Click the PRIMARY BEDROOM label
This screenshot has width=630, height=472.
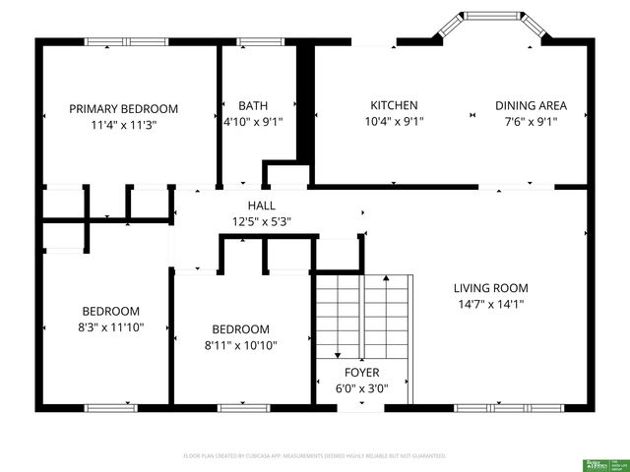[x=123, y=108]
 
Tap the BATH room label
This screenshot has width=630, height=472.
[x=253, y=105]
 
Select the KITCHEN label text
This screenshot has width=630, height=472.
[x=394, y=105]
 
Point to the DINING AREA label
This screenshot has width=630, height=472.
[x=531, y=105]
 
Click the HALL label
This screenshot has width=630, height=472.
[x=261, y=205]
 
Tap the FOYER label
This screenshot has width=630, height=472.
[x=360, y=373]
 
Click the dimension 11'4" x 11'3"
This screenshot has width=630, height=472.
[x=123, y=125]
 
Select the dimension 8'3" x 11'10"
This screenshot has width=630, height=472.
[x=110, y=327]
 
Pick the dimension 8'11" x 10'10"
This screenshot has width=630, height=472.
[x=240, y=345]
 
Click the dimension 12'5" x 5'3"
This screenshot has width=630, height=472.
[x=261, y=221]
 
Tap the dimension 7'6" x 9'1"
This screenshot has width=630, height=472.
[x=531, y=123]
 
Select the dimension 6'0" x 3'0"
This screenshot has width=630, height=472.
[x=360, y=388]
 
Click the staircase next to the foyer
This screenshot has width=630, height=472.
[x=362, y=315]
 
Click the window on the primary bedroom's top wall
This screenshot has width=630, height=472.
[x=126, y=41]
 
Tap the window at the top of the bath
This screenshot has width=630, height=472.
[x=259, y=41]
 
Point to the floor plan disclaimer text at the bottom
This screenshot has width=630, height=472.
[x=315, y=456]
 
